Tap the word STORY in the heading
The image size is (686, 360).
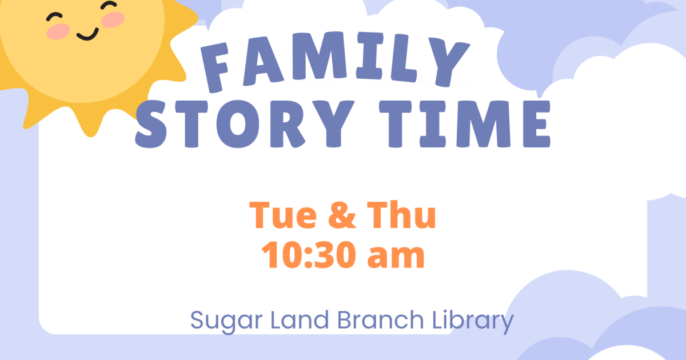245,124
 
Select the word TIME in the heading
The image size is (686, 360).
465,124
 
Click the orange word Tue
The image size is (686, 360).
283,215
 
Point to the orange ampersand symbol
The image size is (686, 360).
342,215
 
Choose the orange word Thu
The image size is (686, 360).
401,214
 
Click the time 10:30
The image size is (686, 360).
309,255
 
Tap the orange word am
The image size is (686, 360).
396,258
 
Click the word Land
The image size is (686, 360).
300,320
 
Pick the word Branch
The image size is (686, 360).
380,320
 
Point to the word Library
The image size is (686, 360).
473,321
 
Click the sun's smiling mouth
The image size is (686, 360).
88,35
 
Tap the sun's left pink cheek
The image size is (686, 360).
58,31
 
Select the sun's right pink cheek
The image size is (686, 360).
113,19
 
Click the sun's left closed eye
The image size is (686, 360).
54,17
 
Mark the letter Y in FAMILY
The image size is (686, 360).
449,62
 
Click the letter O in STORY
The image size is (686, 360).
238,125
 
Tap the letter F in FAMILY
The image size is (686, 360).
215,67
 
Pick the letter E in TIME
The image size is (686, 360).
537,124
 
